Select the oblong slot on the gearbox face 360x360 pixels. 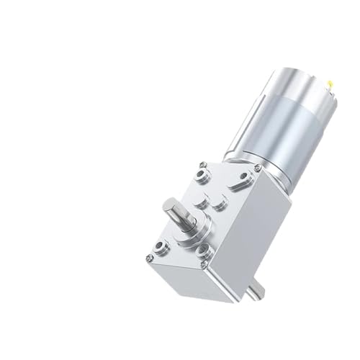236,185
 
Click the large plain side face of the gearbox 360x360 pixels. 252,230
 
